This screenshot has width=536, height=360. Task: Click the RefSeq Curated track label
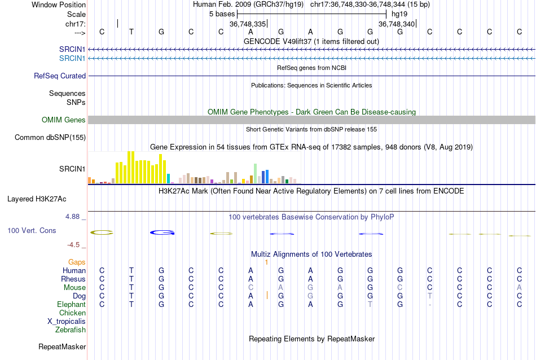coord(60,76)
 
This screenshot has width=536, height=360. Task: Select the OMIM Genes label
coord(64,120)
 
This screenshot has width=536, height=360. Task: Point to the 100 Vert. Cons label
coord(32,230)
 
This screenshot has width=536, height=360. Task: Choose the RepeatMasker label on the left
coord(62,346)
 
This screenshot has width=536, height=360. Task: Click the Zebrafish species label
coord(71,330)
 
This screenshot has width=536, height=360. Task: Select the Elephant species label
coord(71,304)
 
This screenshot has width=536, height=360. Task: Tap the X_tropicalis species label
coord(67,321)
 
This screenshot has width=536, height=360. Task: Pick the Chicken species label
coord(73,313)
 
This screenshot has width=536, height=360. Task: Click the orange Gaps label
coord(77,262)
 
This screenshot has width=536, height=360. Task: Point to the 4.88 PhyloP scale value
coord(75,216)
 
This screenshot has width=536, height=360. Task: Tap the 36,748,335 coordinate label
coord(248,24)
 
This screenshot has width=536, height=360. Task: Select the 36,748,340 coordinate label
coord(397,24)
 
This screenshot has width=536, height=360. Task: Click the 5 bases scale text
coord(222,13)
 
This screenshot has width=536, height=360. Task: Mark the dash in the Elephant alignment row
coord(430,305)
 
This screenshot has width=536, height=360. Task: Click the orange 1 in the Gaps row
coord(266,262)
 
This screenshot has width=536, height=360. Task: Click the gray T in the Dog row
coord(430,296)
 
